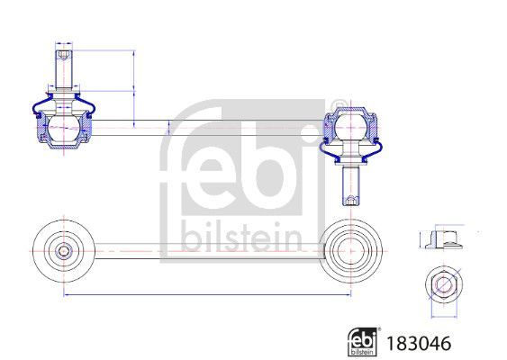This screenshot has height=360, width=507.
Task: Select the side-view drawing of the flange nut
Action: pyautogui.click(x=441, y=239)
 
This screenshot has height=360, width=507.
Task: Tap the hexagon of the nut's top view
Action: pyautogui.click(x=442, y=285)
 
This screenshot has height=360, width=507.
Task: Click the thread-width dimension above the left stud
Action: pyautogui.click(x=64, y=43)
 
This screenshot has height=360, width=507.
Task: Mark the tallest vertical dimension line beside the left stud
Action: pyautogui.click(x=133, y=86)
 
